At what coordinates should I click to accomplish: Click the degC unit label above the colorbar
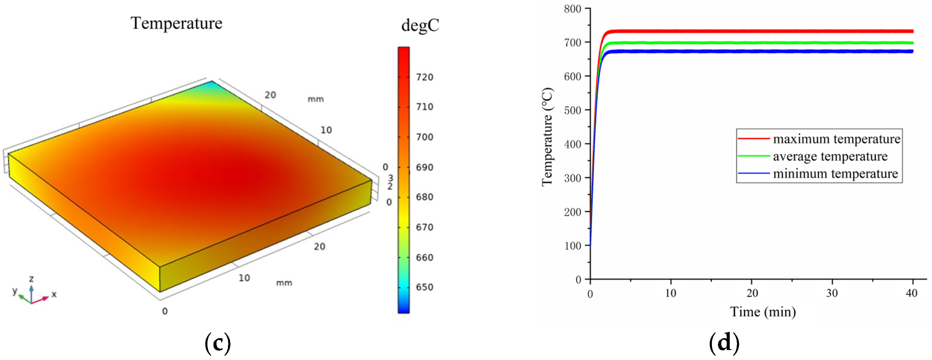[x=420, y=26]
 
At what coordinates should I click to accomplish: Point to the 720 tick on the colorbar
[x=424, y=77]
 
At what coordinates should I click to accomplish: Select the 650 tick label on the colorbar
[x=424, y=287]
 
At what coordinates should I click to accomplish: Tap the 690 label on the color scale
[x=424, y=167]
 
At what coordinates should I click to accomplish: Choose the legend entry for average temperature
[x=830, y=156]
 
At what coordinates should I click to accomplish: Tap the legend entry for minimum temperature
[x=835, y=174]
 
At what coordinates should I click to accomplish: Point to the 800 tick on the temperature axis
[x=573, y=9]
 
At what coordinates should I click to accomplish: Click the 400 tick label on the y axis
[x=573, y=144]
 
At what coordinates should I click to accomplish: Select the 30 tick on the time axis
[x=832, y=293]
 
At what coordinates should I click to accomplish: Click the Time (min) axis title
[x=763, y=312]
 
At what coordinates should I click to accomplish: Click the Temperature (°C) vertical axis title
[x=547, y=137]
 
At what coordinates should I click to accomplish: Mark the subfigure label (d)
[x=724, y=342]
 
